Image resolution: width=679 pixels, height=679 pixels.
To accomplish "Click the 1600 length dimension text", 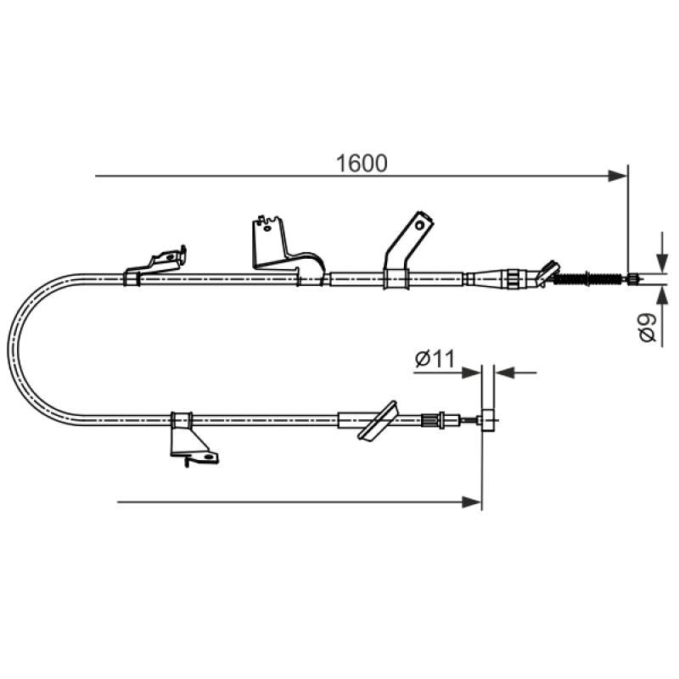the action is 362,164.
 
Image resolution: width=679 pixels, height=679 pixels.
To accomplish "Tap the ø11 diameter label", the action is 435,359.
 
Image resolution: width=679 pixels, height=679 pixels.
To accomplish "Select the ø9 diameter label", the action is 648,328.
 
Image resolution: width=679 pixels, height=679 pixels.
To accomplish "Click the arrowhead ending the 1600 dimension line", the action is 618,177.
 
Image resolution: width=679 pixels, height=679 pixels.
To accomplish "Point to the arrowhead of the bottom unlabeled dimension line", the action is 472,502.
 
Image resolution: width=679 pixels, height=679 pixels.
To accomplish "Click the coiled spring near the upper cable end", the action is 588,278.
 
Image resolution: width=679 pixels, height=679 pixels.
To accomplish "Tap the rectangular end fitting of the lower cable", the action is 487,420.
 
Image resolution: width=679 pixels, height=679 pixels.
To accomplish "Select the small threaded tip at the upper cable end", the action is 632,279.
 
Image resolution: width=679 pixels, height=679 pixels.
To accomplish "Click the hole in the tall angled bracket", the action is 419,225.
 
